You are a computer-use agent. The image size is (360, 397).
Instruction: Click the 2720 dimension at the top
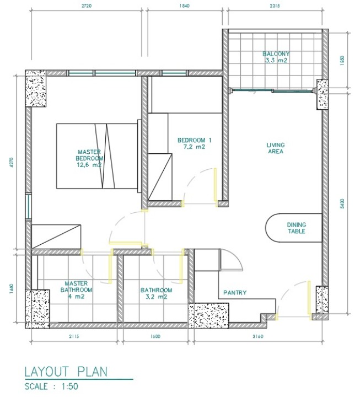click(87, 6)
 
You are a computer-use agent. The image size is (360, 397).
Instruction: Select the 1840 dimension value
click(184, 6)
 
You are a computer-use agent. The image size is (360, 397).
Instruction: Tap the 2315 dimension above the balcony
click(275, 6)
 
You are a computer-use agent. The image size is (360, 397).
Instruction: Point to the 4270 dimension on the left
click(11, 163)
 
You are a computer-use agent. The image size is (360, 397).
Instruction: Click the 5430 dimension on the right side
click(342, 204)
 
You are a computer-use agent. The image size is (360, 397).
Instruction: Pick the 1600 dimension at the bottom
click(155, 336)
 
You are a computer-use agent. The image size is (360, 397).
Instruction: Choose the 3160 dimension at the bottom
click(258, 336)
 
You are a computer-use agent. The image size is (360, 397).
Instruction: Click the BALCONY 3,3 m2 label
click(276, 57)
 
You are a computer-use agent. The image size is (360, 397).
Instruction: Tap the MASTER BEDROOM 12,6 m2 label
click(89, 158)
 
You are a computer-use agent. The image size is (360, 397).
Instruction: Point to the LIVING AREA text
click(276, 148)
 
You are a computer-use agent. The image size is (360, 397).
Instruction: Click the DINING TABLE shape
click(294, 228)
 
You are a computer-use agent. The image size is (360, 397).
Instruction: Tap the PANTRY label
click(235, 293)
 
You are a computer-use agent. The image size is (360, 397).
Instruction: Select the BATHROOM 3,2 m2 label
click(156, 293)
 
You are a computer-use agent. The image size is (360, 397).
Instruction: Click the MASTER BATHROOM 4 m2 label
click(76, 290)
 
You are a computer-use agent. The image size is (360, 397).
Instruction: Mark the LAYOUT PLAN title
click(66, 372)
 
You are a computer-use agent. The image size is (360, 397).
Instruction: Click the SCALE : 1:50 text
click(51, 387)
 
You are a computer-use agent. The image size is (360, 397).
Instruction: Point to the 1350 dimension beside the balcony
click(342, 61)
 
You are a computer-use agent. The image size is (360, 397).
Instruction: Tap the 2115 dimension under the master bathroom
click(74, 336)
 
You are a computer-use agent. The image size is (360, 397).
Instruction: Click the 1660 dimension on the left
click(11, 288)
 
